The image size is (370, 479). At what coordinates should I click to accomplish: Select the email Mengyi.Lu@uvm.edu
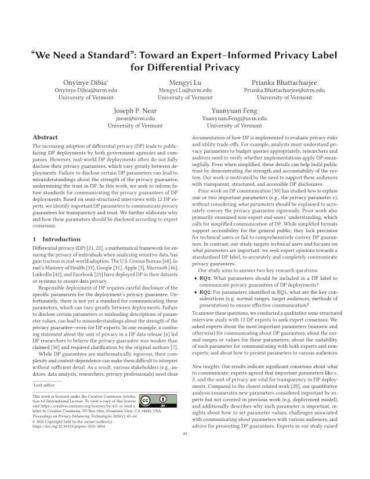(184, 91)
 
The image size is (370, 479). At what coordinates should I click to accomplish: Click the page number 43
(185, 450)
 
